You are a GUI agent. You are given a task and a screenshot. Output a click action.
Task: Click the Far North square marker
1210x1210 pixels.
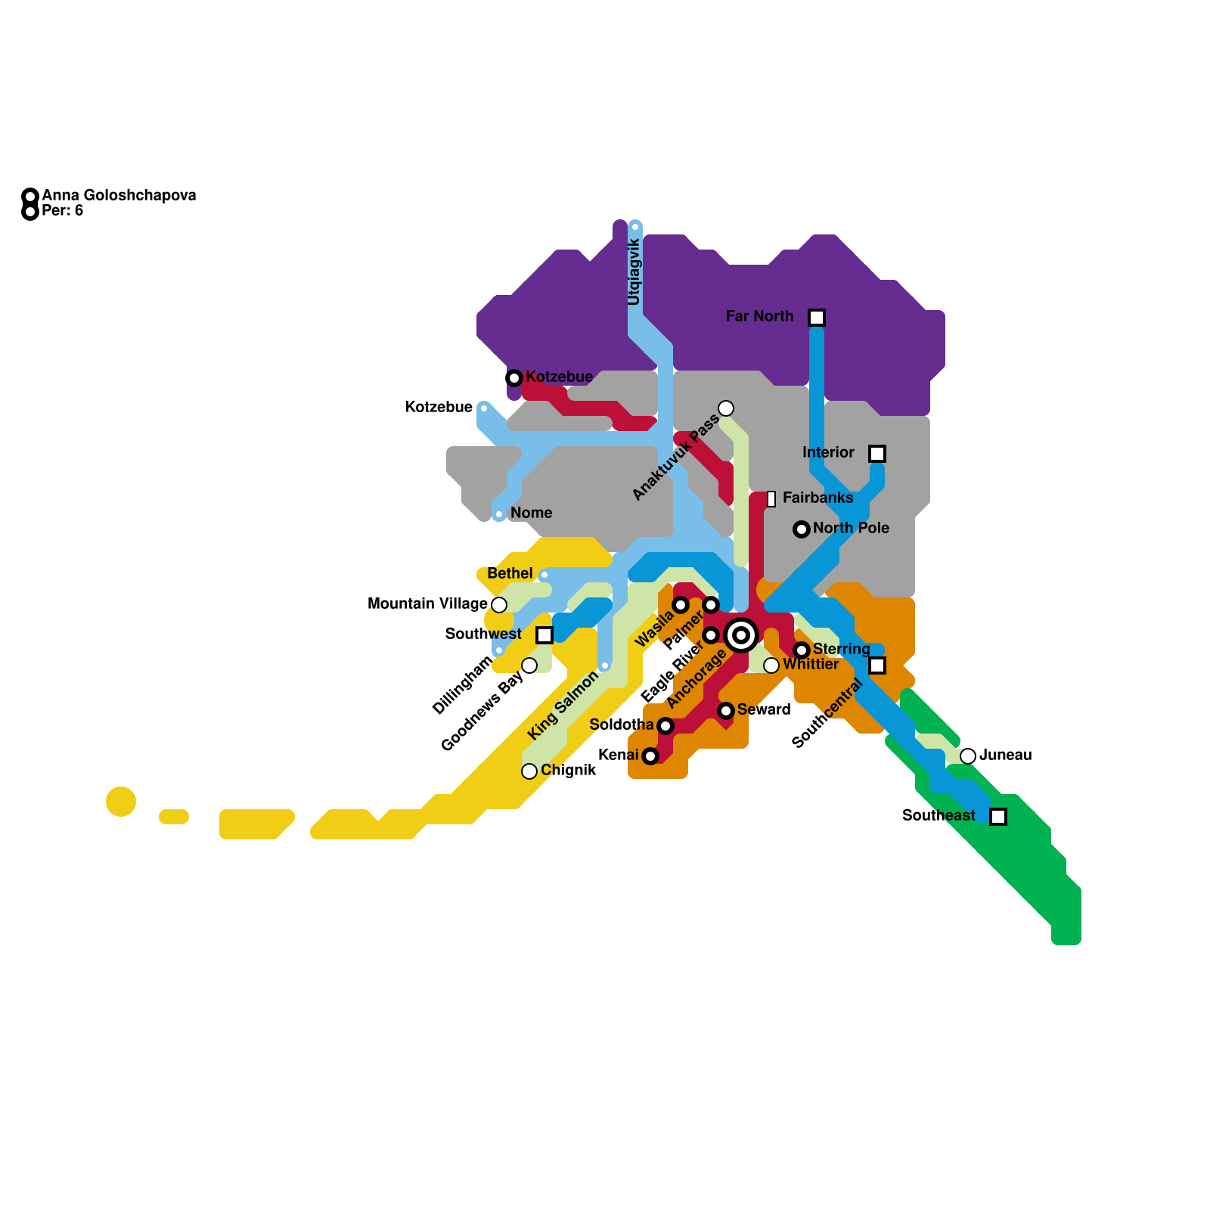tap(816, 318)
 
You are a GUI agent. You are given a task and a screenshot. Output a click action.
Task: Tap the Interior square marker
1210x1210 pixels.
tap(876, 454)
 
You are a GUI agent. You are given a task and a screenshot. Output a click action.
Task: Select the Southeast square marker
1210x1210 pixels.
tap(997, 817)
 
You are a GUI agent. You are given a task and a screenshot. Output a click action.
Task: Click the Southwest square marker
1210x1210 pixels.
tap(544, 635)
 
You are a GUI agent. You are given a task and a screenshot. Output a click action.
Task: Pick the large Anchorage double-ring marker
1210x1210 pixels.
tap(741, 635)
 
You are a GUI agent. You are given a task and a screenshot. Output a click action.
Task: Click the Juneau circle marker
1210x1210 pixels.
tap(967, 755)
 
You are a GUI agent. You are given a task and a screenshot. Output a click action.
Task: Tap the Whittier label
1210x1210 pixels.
tap(810, 665)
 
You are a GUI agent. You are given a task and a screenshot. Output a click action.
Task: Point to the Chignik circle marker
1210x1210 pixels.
tap(529, 771)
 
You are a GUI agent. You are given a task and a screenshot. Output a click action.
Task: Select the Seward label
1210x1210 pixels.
tap(763, 709)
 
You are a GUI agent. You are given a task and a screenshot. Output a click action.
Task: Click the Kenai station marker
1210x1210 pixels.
tap(650, 755)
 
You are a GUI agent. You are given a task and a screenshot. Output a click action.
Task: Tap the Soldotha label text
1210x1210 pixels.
tap(621, 724)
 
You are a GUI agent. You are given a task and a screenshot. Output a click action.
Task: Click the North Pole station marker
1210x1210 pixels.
tap(802, 529)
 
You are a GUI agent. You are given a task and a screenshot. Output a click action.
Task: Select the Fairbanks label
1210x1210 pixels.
tap(818, 498)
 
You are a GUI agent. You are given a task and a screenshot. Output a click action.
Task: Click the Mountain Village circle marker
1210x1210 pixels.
tap(499, 604)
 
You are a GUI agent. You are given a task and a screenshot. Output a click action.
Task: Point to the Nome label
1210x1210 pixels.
tap(531, 513)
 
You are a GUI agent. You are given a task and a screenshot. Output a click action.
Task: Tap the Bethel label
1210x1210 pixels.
tap(510, 573)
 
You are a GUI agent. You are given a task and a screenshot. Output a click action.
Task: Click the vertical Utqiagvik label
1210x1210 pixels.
tap(634, 272)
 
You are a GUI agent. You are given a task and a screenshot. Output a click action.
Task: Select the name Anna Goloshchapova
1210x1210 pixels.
tap(119, 195)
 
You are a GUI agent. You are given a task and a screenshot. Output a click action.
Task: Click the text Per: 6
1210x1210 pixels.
tap(62, 210)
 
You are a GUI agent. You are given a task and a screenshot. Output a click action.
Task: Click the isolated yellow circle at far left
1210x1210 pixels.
tap(121, 802)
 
